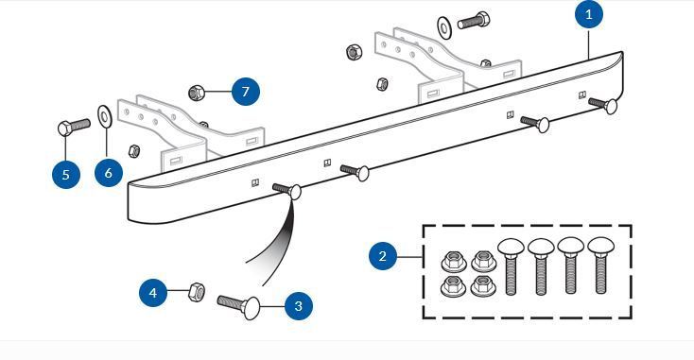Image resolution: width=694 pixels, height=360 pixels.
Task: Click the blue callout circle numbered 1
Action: (589, 15)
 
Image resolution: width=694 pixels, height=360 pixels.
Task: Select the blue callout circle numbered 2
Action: (382, 256)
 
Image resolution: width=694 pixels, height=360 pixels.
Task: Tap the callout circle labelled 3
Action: (298, 305)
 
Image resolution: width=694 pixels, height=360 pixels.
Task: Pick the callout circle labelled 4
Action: (153, 294)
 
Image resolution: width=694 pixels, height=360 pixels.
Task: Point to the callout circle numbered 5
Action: (65, 174)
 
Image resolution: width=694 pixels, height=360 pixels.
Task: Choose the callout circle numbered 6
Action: (109, 173)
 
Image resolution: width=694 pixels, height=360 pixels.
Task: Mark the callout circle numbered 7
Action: (245, 92)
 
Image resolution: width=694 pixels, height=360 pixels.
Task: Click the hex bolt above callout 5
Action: (72, 127)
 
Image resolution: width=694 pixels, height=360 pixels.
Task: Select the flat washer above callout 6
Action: (105, 118)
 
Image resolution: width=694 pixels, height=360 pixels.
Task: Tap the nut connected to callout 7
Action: (198, 93)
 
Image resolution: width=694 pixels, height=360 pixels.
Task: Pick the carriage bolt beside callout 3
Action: (239, 305)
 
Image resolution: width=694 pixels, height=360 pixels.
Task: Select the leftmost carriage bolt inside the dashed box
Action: (512, 266)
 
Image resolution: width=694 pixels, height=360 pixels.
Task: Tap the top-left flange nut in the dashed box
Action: (452, 258)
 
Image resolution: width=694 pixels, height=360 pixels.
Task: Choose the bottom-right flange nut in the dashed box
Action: (482, 285)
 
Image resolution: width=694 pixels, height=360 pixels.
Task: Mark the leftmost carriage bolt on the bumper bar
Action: (287, 190)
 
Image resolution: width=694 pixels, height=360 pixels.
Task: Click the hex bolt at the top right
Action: (472, 20)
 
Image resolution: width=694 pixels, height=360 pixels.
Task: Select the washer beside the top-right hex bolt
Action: (444, 26)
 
